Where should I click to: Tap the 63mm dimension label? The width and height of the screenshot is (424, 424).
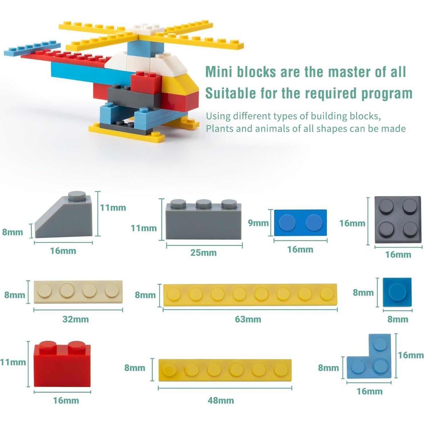(x=248, y=319)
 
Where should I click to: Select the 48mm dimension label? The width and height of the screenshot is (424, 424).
(x=221, y=400)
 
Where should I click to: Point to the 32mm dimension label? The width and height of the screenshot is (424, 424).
(x=76, y=319)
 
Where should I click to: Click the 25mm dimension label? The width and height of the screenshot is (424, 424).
(x=203, y=253)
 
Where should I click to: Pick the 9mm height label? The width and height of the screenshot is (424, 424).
(x=258, y=223)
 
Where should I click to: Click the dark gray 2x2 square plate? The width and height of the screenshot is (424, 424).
(x=398, y=220)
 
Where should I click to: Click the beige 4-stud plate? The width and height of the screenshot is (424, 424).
(x=78, y=292)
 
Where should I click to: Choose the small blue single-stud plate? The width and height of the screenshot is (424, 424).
(x=397, y=292)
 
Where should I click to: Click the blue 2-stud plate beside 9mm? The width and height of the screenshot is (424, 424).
(x=300, y=223)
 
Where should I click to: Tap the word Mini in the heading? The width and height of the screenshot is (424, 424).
(x=219, y=72)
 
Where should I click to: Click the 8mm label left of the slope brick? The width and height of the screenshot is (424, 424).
(x=13, y=232)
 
